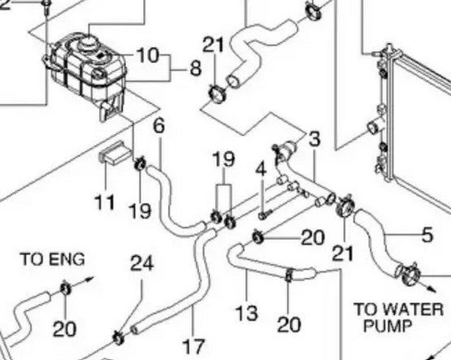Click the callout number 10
pyautogui.click(x=148, y=55)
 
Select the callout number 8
pyautogui.click(x=195, y=69)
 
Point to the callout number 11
pyautogui.click(x=105, y=202)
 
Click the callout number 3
pyautogui.click(x=314, y=138)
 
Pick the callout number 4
pyautogui.click(x=261, y=169)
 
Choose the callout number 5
pyautogui.click(x=427, y=234)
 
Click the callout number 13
pyautogui.click(x=246, y=313)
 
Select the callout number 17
pyautogui.click(x=194, y=346)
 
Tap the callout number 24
pyautogui.click(x=141, y=263)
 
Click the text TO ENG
pyautogui.click(x=53, y=258)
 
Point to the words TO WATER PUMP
pyautogui.click(x=398, y=317)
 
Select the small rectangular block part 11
pyautogui.click(x=115, y=154)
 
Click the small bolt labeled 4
pyautogui.click(x=265, y=215)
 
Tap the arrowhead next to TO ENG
pyautogui.click(x=90, y=280)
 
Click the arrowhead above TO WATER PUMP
pyautogui.click(x=431, y=288)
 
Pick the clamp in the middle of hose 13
pyautogui.click(x=288, y=275)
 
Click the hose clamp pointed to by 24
pyautogui.click(x=118, y=337)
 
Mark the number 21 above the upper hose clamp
pyautogui.click(x=213, y=45)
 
